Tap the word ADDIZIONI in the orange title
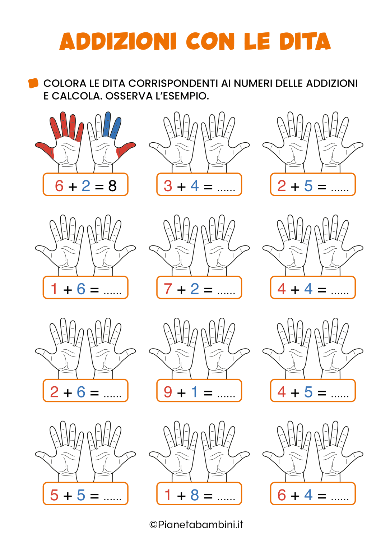tap(118, 41)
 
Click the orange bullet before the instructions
tap(33, 83)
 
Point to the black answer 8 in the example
tap(112, 186)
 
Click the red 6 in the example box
tap(59, 186)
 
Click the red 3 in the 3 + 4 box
tap(168, 186)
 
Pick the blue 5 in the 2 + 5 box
tap(308, 186)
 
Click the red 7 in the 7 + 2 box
tap(168, 289)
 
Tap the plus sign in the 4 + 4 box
tap(295, 290)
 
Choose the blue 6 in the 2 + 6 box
tap(81, 392)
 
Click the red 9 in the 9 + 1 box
tap(168, 392)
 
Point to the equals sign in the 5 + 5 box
tap(94, 496)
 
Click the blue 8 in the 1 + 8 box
tap(195, 495)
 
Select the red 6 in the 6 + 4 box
tap(282, 495)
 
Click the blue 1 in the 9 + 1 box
tap(195, 392)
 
